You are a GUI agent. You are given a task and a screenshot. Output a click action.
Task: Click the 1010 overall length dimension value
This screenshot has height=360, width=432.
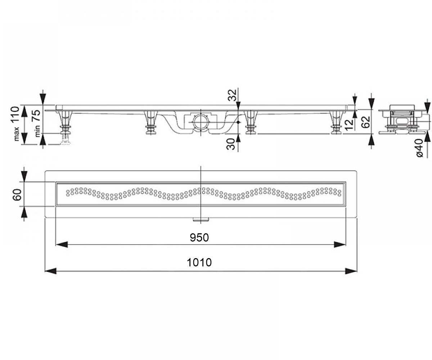[199, 262]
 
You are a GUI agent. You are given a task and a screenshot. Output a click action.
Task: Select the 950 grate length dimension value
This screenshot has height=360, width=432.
[199, 238]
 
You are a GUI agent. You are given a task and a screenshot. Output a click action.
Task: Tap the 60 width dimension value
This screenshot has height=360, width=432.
[17, 194]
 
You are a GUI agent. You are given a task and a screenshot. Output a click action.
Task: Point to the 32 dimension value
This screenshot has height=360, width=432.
[232, 95]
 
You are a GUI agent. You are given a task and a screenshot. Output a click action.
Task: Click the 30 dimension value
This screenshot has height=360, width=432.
[231, 144]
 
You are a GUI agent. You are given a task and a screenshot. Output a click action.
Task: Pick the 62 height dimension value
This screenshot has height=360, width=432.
[365, 122]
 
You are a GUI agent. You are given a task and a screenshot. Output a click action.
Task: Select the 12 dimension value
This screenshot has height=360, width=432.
[349, 125]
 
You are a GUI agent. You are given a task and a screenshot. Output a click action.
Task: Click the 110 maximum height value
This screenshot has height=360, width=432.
[15, 115]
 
